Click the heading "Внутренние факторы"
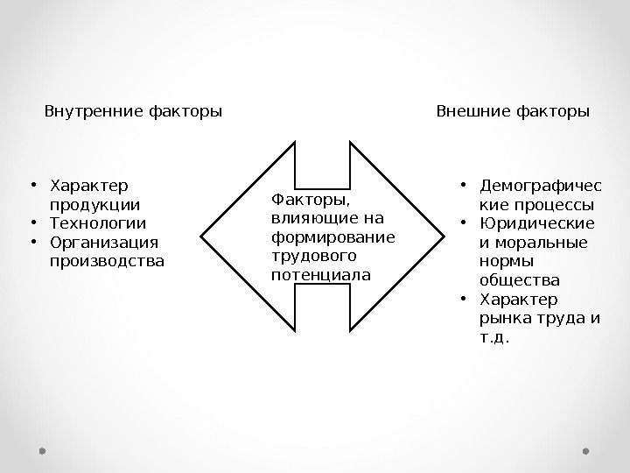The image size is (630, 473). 133,112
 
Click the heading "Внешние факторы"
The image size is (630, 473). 513,112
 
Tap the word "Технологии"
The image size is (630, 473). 98,223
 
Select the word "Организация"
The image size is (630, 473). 104,243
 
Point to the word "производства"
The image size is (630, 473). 107,261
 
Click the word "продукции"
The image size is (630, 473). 94,205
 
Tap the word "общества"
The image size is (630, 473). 520,280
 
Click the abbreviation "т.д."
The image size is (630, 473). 494,336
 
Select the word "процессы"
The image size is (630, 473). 557,205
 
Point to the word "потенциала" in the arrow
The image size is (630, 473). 321,275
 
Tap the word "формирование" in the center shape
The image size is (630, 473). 333,237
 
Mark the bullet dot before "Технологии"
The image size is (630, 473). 31,222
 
